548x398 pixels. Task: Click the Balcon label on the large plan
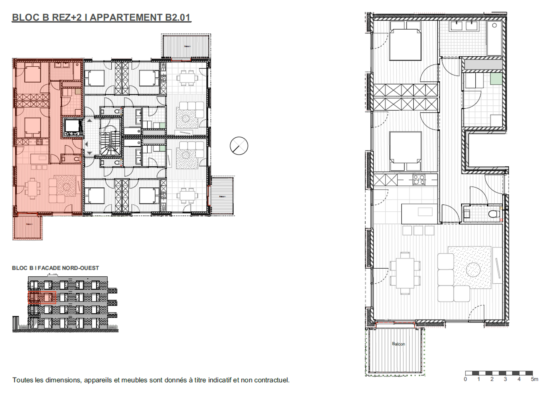pos(398,344)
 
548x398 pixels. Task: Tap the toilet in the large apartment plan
pos(494,214)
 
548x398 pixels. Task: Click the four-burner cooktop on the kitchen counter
pos(419,180)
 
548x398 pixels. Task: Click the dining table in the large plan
pos(405,273)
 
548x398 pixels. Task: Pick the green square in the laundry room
pos(496,79)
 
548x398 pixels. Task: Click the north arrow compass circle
pos(239,146)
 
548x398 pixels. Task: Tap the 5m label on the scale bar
pos(534,379)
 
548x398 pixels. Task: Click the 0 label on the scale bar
pos(465,379)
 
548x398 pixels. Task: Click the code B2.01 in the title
pos(178,17)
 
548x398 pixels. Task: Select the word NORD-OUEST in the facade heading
pos(80,268)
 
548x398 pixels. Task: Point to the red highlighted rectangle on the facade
pos(42,297)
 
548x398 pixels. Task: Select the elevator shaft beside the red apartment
pos(72,127)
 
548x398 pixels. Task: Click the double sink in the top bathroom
pos(464,26)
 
